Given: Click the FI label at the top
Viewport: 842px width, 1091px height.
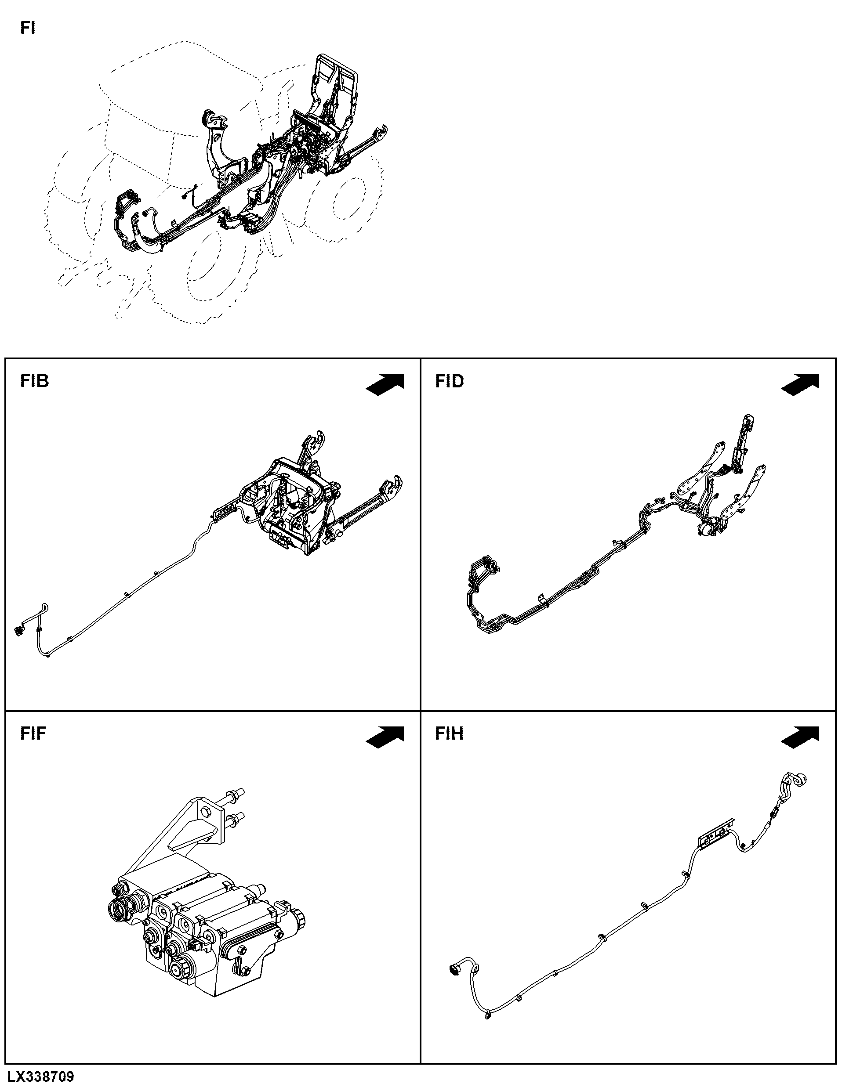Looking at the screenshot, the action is point(28,29).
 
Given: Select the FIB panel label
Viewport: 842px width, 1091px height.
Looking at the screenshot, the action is point(34,381).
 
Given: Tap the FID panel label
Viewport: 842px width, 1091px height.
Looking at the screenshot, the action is point(449,381).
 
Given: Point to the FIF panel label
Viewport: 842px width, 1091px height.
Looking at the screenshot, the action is point(33,733).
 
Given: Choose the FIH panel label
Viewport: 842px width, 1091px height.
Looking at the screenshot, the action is point(449,733).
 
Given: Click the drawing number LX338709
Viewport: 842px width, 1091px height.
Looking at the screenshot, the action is point(40,1080).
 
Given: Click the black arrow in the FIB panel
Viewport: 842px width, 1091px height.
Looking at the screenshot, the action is point(385,384).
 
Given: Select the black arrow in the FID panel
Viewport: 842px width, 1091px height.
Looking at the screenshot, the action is point(800,384).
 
